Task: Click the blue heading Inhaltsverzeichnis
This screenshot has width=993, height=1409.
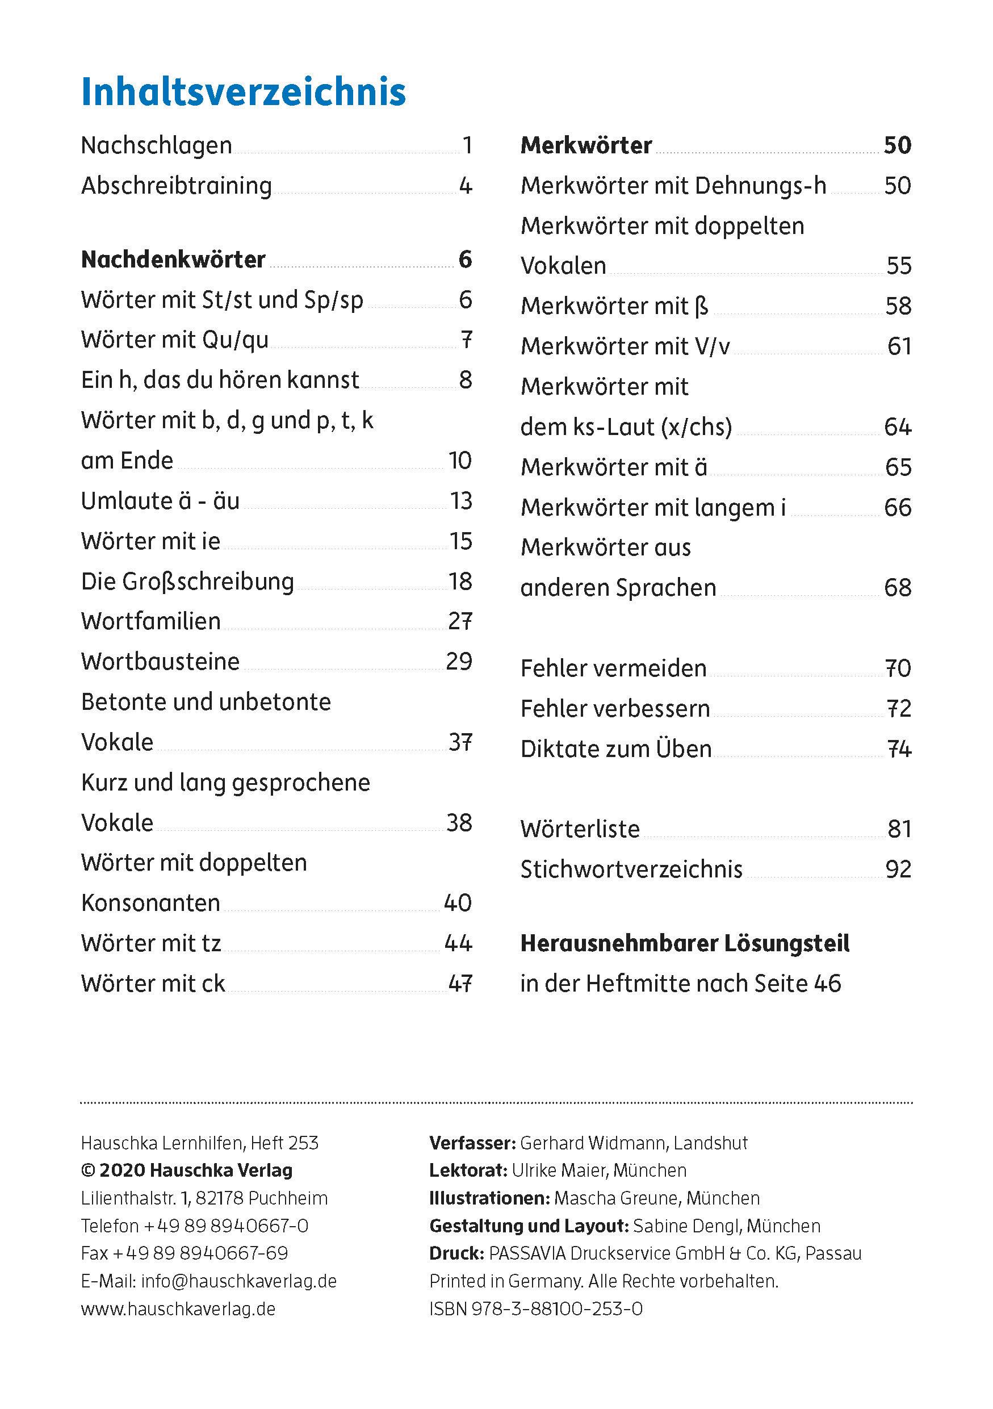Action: (243, 92)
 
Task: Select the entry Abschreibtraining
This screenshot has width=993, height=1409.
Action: (177, 186)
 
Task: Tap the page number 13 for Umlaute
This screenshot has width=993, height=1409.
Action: (461, 501)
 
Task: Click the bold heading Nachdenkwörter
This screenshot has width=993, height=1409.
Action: (173, 260)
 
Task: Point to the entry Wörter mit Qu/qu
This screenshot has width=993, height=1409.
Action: (175, 340)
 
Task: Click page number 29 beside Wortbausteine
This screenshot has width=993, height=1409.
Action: (459, 662)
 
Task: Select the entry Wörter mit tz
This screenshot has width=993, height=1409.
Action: (151, 943)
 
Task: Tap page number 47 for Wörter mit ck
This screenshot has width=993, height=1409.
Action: (460, 984)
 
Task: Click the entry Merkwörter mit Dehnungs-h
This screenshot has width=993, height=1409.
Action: (673, 186)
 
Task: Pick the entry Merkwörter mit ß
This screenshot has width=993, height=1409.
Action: (614, 306)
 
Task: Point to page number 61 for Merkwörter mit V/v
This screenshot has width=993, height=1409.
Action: (899, 347)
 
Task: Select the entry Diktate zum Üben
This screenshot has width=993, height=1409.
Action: (616, 749)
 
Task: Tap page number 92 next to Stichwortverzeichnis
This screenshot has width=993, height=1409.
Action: (899, 869)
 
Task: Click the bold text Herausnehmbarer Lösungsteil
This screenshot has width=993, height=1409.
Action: (685, 944)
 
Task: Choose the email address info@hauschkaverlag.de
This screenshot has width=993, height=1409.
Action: (238, 1281)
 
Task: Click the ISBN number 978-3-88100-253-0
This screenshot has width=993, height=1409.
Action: (557, 1309)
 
